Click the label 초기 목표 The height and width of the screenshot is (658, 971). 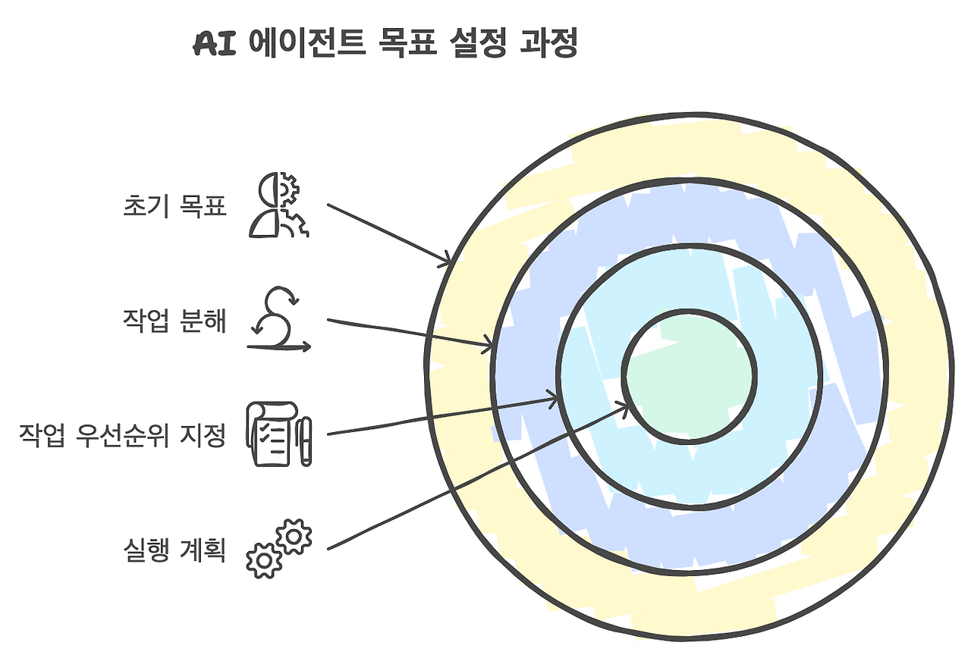(x=174, y=206)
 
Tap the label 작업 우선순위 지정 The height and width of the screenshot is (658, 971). (x=123, y=436)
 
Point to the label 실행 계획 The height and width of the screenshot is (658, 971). (x=174, y=550)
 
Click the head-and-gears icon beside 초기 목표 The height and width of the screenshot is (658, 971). (x=278, y=205)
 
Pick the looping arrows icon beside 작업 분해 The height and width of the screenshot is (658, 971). (x=278, y=321)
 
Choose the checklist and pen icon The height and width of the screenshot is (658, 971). (x=278, y=435)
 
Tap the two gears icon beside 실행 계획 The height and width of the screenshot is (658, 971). (x=278, y=549)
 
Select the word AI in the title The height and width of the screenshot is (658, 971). (x=215, y=45)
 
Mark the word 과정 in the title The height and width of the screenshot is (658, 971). (x=548, y=45)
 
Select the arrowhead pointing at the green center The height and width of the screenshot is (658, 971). (x=624, y=408)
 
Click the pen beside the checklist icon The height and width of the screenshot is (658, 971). (x=305, y=440)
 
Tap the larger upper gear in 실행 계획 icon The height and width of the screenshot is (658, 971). (x=294, y=536)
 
